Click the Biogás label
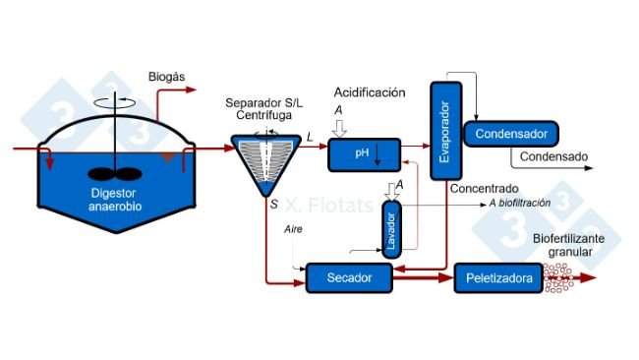tap(165, 77)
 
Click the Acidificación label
tap(369, 92)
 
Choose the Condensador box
tap(511, 133)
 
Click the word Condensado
tap(552, 156)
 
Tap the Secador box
tap(350, 279)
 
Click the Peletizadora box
tap(497, 280)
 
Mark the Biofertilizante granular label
tap(575, 245)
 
